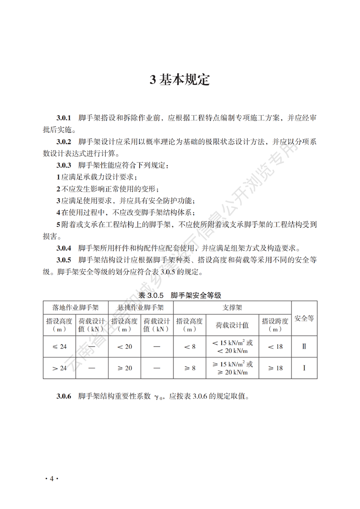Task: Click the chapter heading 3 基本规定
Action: [180, 80]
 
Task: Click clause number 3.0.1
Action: [64, 118]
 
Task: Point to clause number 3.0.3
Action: [64, 165]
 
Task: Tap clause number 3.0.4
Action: [64, 248]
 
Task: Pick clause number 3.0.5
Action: [64, 260]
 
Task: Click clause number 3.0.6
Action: [64, 396]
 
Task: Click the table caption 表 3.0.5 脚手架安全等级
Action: [180, 295]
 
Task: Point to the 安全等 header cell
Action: [304, 318]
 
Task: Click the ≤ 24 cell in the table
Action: [59, 347]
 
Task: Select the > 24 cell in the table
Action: [59, 368]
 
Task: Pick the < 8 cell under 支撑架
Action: [190, 347]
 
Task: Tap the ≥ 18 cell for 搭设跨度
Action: [275, 368]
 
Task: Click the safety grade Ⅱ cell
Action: [304, 347]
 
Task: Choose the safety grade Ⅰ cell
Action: [304, 368]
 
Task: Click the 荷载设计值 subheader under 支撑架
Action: [232, 325]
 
